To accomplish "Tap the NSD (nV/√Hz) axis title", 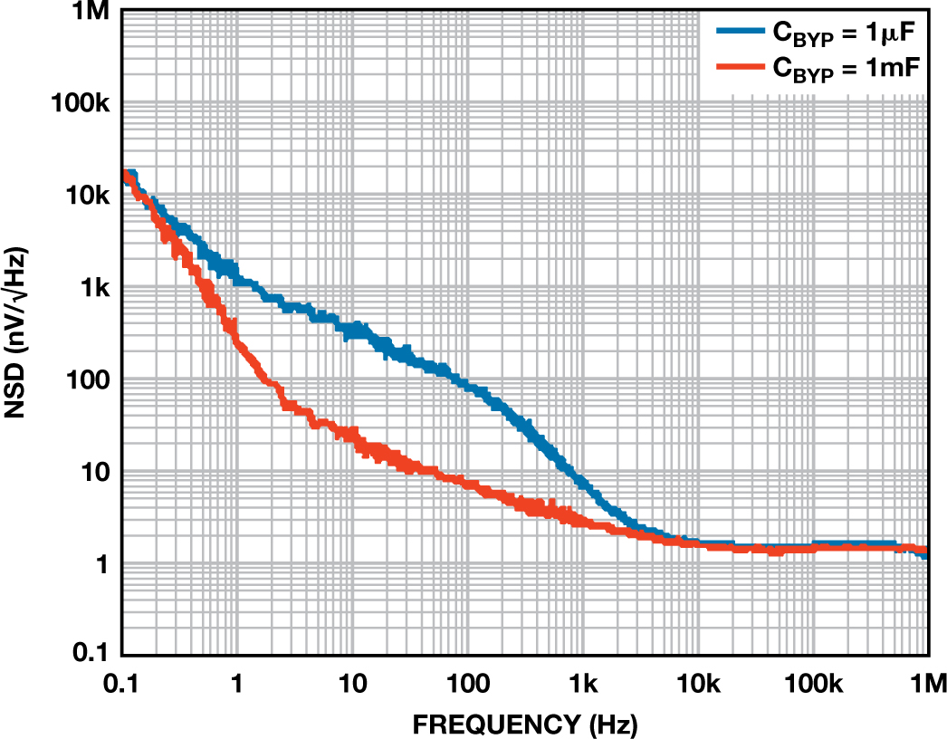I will pos(19,333).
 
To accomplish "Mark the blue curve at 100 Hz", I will pos(467,386).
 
